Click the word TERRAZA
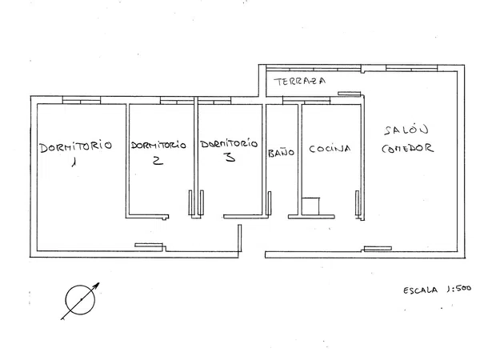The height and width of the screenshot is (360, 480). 300,81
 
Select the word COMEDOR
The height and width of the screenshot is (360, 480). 407,148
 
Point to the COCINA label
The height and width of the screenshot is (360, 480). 330,149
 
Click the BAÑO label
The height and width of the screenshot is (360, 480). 281,153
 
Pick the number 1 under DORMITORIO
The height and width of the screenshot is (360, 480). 74,162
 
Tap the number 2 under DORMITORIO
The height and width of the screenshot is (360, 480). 158,161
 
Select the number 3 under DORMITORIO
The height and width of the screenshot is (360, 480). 230,157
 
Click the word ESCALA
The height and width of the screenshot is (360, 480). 420,290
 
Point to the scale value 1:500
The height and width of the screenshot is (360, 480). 458,289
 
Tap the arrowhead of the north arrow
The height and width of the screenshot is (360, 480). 97,285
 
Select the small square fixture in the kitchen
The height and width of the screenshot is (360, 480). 310,206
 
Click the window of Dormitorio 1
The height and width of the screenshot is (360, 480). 82,101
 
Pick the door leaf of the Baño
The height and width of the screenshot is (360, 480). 270,203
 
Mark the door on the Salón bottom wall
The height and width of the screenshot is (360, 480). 378,248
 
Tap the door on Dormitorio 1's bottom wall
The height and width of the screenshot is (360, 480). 149,245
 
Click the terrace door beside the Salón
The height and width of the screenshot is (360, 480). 350,94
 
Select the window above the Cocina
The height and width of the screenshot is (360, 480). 306,101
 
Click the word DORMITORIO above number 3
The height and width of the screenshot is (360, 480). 229,143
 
